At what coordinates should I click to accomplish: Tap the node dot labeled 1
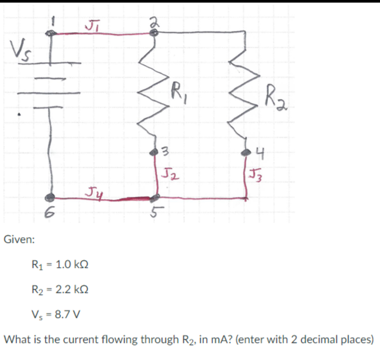(x=50, y=33)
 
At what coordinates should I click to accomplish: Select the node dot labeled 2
(x=154, y=33)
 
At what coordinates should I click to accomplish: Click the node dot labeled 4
(x=246, y=152)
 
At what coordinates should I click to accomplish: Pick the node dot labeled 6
(x=50, y=197)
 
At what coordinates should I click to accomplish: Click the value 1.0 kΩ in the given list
(x=72, y=265)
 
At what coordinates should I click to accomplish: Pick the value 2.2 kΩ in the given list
(x=72, y=289)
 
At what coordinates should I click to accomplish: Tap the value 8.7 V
(x=68, y=314)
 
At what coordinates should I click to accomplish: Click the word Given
(x=19, y=240)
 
